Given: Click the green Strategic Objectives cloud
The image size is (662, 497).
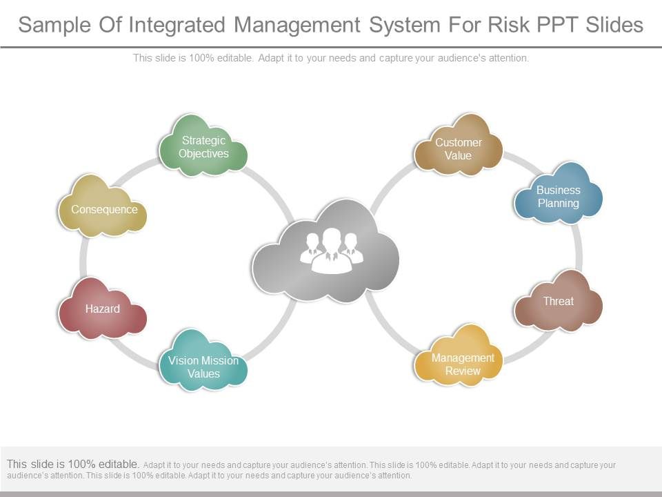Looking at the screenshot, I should pyautogui.click(x=203, y=146).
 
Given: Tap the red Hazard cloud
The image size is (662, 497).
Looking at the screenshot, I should pyautogui.click(x=102, y=309).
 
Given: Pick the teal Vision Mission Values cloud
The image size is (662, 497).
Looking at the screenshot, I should pyautogui.click(x=203, y=364).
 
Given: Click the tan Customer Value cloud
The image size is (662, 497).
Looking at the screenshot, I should pyautogui.click(x=458, y=147).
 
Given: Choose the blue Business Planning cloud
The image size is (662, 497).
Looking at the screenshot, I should pyautogui.click(x=558, y=195).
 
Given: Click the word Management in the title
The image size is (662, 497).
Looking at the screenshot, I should pyautogui.click(x=297, y=25).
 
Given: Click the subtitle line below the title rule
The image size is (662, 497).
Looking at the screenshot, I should pyautogui.click(x=331, y=59).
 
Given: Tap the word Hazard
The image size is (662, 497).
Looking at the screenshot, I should pyautogui.click(x=102, y=309).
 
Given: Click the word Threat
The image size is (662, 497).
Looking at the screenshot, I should pyautogui.click(x=558, y=301).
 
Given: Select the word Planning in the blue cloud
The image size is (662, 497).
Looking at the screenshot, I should pyautogui.click(x=558, y=203).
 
